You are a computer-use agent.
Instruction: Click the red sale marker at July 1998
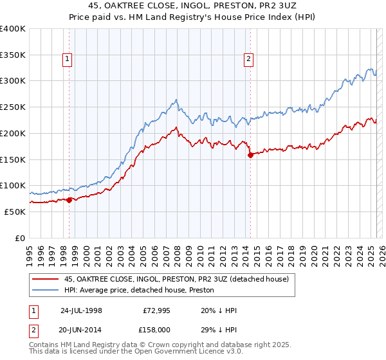coord(69,199)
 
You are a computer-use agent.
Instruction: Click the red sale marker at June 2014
coord(249,155)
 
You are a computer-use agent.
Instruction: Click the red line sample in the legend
coord(44,279)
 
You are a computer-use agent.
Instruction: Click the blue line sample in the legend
coord(44,289)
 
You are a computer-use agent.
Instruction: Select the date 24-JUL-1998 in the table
coord(81,310)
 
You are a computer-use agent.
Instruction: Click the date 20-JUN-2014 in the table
coord(81,329)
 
